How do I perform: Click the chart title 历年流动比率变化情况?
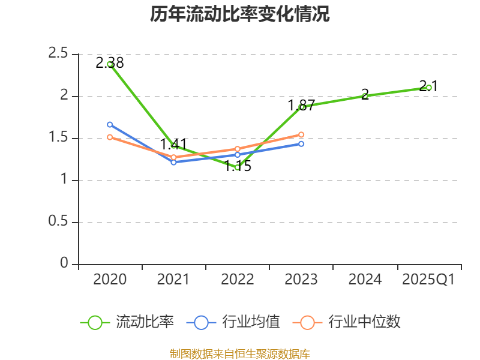[x=240, y=14]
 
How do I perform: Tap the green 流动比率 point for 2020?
[x=110, y=64]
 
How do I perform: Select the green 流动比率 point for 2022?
[x=238, y=167]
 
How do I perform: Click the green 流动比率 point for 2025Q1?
[x=429, y=88]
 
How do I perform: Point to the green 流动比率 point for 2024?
[x=365, y=96]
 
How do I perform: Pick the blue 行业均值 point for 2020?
[x=110, y=124]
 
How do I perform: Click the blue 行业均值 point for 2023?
[x=301, y=144]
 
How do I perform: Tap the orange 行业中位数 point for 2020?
[x=110, y=137]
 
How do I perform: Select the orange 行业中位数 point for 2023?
[x=301, y=134]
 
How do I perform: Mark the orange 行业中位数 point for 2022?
[x=238, y=149]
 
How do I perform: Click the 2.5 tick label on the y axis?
[x=59, y=54]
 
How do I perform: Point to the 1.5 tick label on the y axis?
[x=59, y=138]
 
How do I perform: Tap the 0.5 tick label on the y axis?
[x=59, y=222]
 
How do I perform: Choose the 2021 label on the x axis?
[x=173, y=279]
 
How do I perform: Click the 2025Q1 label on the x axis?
[x=429, y=279]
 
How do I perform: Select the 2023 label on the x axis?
[x=301, y=279]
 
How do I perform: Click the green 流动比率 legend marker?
[x=95, y=322]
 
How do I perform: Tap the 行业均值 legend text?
[x=251, y=322]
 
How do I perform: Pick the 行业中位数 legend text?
[x=364, y=322]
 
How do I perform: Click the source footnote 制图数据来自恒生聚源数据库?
[x=240, y=353]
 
